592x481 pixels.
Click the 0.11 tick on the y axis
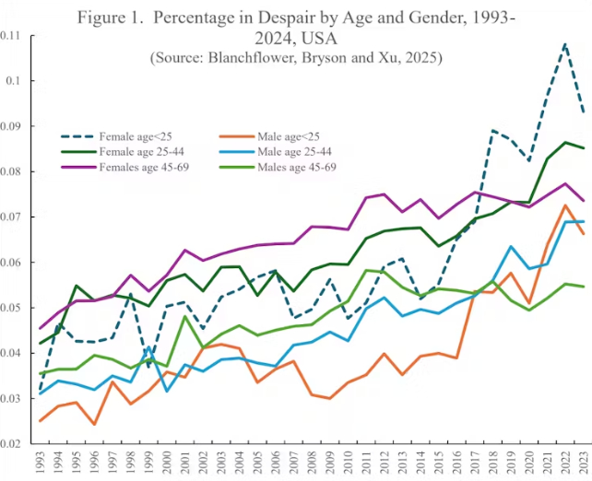[12, 35]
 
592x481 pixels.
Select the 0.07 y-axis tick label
[12, 217]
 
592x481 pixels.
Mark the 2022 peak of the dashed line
[564, 43]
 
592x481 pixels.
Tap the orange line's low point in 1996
[95, 425]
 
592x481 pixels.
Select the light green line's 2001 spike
[185, 317]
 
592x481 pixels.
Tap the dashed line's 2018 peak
[492, 131]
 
